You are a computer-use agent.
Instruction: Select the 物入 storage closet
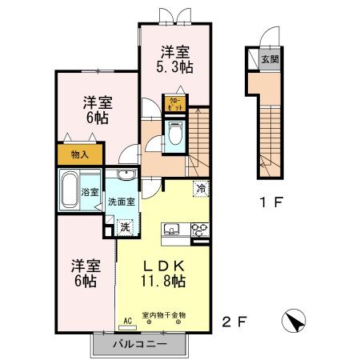[79, 153]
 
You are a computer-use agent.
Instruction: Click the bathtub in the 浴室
[72, 189]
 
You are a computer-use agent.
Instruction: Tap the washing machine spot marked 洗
[124, 226]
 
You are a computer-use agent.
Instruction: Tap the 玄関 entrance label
[271, 59]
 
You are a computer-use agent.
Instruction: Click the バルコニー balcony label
[138, 344]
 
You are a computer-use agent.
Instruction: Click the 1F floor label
[273, 202]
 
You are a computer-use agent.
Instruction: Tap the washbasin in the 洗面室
[124, 177]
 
